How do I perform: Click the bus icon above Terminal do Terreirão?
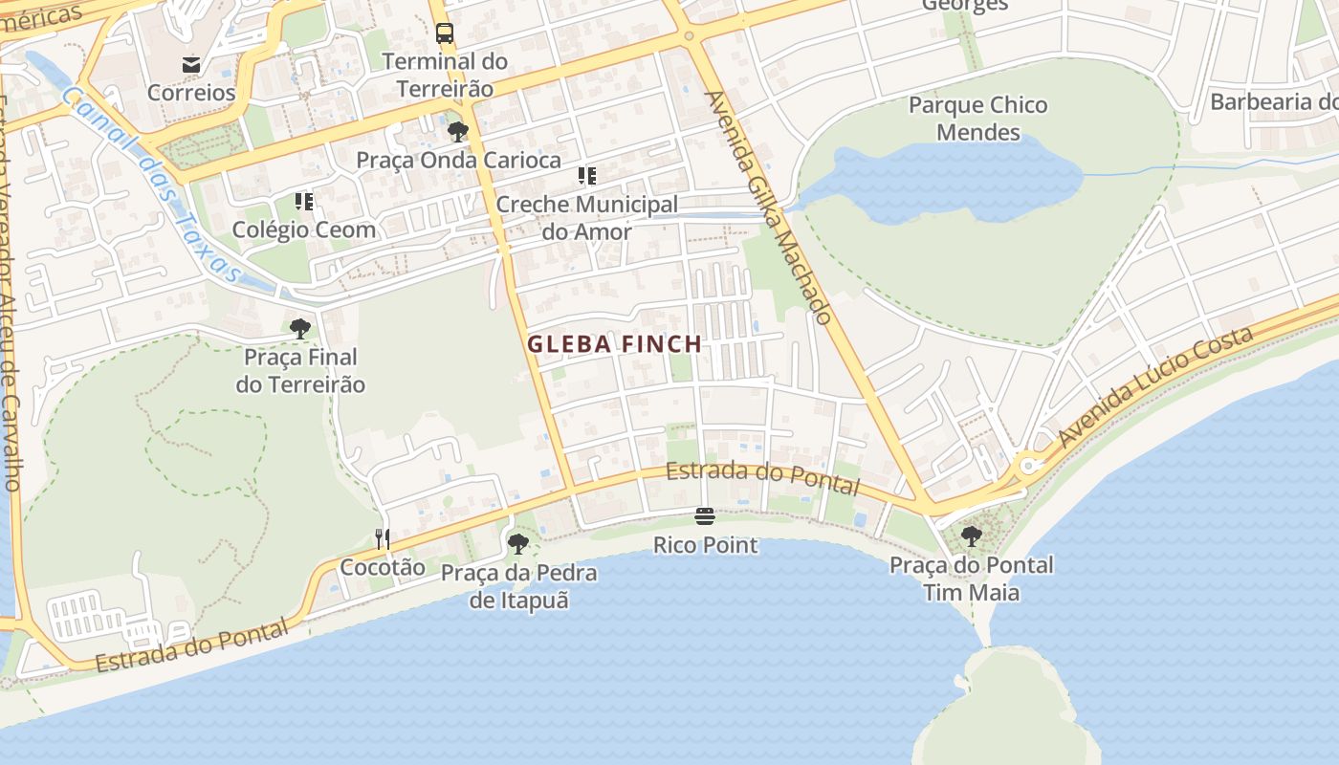(445, 33)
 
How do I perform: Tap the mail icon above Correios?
(191, 65)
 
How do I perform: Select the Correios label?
(191, 93)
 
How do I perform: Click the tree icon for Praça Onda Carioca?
(458, 131)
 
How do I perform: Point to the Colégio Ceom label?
(304, 229)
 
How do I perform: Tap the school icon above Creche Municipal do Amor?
(586, 176)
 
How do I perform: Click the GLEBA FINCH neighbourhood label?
(614, 344)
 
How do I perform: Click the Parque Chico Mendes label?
(977, 119)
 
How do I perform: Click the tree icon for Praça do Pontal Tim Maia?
(972, 536)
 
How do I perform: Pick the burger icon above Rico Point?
(705, 517)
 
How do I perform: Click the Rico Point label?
(705, 545)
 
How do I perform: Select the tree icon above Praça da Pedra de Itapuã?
(518, 544)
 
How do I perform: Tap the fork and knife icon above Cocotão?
(382, 539)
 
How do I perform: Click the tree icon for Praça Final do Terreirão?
(300, 329)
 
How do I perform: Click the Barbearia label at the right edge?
(1272, 101)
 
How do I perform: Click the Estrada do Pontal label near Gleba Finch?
(762, 477)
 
